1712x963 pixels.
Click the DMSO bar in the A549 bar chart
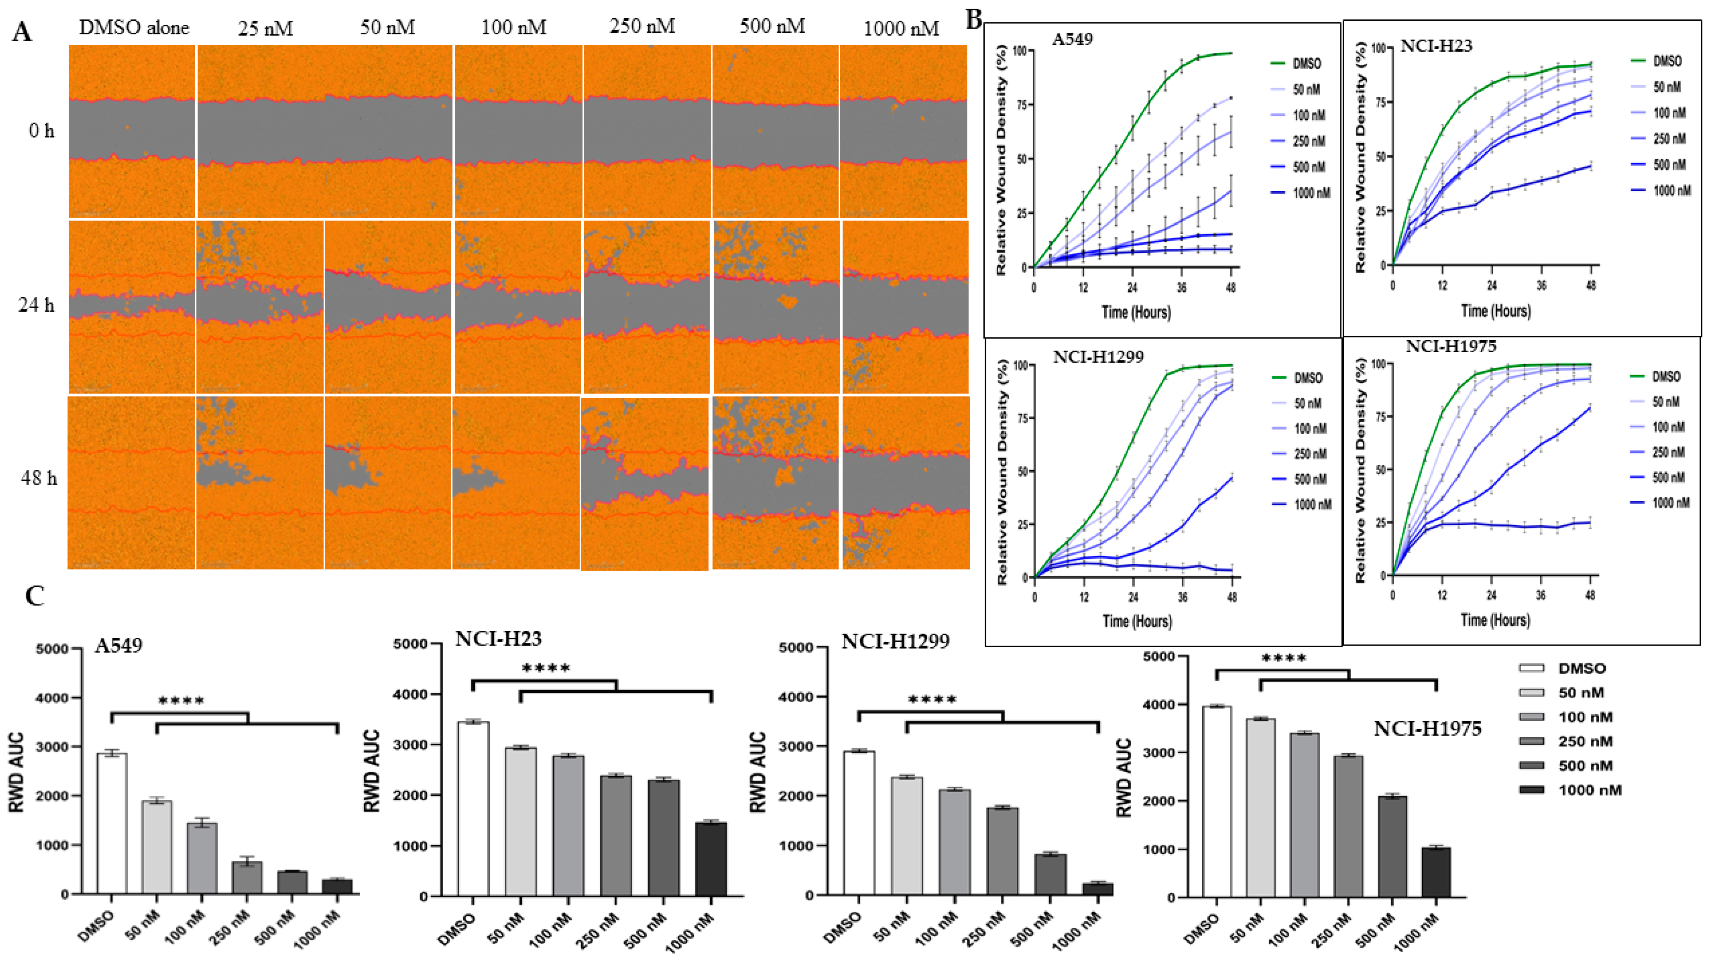(x=112, y=824)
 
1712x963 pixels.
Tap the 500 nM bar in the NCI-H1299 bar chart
(x=1050, y=874)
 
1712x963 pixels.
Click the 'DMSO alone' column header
(x=134, y=27)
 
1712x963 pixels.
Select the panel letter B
(x=973, y=20)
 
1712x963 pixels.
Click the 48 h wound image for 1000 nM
(x=906, y=483)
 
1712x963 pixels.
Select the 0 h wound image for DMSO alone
(x=132, y=131)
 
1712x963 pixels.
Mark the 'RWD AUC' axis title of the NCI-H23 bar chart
(x=372, y=771)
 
